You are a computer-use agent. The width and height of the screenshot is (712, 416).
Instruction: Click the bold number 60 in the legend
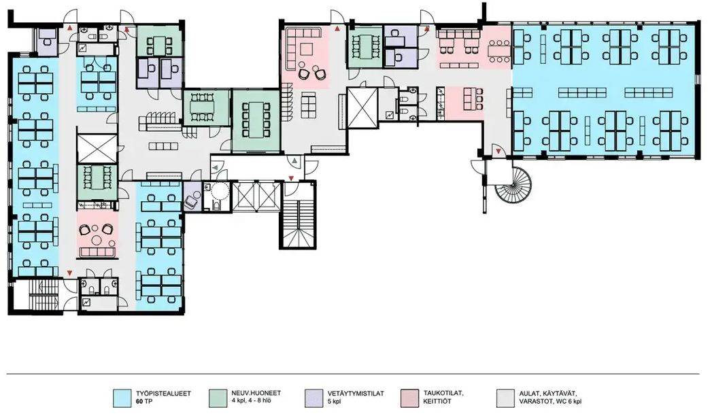point(140,402)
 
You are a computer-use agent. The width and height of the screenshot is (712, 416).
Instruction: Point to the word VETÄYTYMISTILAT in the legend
point(356,394)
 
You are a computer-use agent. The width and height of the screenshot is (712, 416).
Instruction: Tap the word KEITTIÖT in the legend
point(437,402)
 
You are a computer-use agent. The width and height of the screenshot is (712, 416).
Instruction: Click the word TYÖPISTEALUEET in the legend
point(163,394)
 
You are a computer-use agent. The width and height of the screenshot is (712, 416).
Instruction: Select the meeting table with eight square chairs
point(256,120)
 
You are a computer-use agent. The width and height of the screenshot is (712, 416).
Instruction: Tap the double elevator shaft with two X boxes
point(256,196)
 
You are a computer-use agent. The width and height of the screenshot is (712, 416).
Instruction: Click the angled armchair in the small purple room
point(191,199)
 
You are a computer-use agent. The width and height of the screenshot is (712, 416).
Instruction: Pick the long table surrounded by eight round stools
point(499,51)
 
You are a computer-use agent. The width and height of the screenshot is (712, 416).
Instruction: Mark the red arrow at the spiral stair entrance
point(498,151)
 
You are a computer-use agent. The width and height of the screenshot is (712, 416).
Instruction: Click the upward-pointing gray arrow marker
point(294,160)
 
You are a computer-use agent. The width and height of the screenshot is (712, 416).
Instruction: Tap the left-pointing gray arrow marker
point(216,169)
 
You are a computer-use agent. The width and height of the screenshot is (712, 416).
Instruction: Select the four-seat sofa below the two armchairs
point(97,252)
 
